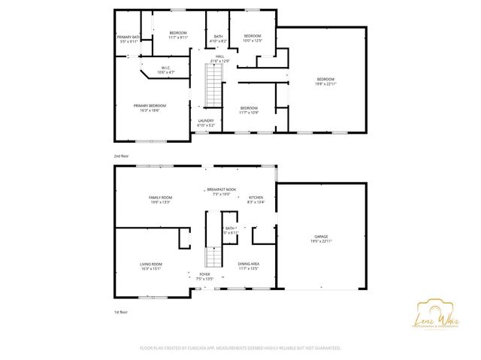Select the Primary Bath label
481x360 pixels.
(129, 39)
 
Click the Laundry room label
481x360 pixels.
(206, 123)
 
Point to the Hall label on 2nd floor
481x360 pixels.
(220, 58)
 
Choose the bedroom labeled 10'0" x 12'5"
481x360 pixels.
(252, 38)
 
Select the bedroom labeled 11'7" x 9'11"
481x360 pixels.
(178, 35)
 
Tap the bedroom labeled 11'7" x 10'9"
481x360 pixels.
(248, 110)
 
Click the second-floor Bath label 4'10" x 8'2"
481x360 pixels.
(218, 38)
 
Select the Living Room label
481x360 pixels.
(151, 266)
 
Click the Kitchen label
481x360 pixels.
(256, 199)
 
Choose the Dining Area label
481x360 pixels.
(249, 266)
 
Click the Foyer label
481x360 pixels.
(204, 276)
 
